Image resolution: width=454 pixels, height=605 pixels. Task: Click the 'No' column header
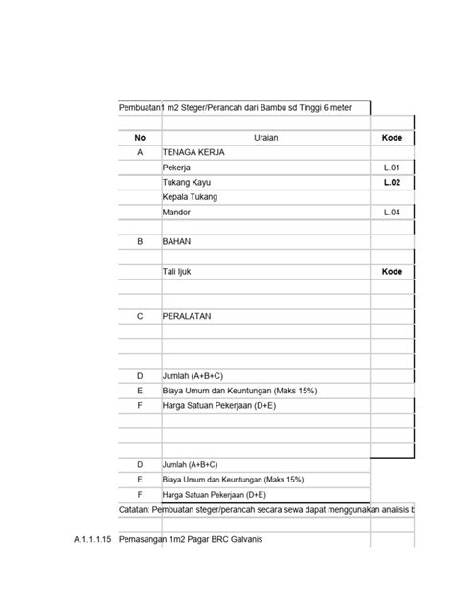140,138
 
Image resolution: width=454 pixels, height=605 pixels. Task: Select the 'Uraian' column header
266,138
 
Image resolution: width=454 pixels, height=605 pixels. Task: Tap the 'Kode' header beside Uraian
392,138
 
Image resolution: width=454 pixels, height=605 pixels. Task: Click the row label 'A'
140,152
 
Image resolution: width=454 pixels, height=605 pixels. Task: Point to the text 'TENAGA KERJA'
193,152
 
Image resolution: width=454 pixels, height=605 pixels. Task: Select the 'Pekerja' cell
176,168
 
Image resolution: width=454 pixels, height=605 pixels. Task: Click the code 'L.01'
393,168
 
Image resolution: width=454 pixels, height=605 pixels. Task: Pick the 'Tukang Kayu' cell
187,182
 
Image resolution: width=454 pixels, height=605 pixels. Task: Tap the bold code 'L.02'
393,182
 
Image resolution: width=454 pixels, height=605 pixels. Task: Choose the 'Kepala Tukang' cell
190,197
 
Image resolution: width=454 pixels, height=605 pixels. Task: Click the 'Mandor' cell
177,212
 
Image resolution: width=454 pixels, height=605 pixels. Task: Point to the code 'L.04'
393,212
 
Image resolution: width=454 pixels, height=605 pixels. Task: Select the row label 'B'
140,242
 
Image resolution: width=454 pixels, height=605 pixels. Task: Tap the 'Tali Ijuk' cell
179,272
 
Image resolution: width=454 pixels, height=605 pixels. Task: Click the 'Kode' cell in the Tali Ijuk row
392,272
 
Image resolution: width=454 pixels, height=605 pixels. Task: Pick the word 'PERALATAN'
187,315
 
